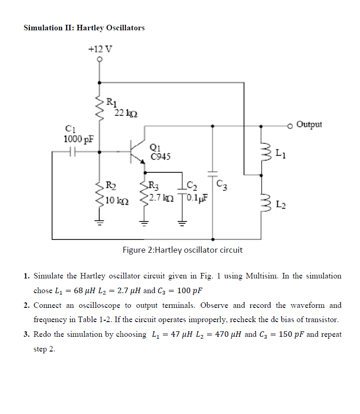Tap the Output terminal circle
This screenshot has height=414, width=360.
(290, 125)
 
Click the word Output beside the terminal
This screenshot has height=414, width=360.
(309, 125)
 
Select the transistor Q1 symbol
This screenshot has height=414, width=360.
(136, 150)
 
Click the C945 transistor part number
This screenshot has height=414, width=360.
(160, 157)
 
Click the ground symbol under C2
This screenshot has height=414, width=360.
(182, 224)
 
